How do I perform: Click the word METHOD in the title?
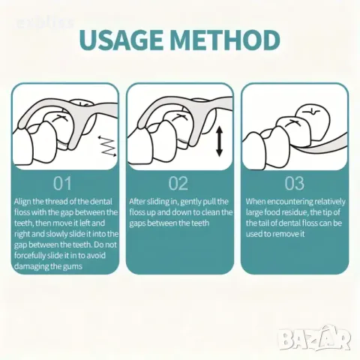pos(225,40)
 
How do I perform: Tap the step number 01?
pos(62,183)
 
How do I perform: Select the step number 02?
pos(178,183)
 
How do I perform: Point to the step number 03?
pos(294,183)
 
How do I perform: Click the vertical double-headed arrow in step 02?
pos(219,141)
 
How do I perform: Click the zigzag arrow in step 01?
pos(107,146)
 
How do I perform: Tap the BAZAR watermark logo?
pos(314,337)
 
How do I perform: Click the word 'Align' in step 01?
pos(22,202)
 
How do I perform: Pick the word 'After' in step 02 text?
pos(137,202)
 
